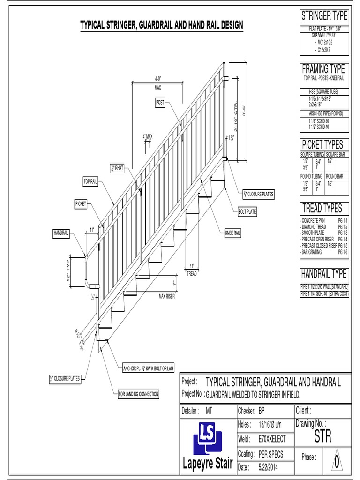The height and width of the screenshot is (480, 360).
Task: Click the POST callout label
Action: pyautogui.click(x=160, y=102)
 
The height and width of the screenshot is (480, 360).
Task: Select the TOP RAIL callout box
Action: pyautogui.click(x=90, y=182)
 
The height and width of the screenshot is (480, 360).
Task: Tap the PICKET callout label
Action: pyautogui.click(x=81, y=204)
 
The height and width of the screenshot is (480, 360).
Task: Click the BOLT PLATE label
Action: pyautogui.click(x=247, y=212)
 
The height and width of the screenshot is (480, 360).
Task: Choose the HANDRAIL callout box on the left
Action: pyautogui.click(x=61, y=232)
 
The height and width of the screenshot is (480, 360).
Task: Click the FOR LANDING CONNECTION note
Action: pyautogui.click(x=138, y=394)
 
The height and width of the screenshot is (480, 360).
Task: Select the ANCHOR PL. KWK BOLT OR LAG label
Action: pyautogui.click(x=148, y=368)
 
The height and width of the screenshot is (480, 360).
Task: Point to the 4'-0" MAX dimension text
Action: pyautogui.click(x=157, y=82)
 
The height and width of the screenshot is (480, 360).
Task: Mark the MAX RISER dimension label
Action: pyautogui.click(x=166, y=296)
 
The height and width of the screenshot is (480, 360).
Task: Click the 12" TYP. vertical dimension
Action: pyautogui.click(x=68, y=270)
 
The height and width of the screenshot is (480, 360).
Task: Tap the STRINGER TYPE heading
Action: pyautogui.click(x=324, y=16)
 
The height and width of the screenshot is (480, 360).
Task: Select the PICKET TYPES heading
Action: pyautogui.click(x=322, y=144)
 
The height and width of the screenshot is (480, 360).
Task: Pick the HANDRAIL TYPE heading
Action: pyautogui.click(x=324, y=274)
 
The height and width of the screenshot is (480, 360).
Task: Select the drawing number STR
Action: pyautogui.click(x=322, y=438)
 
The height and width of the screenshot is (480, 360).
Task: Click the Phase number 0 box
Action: pyautogui.click(x=336, y=462)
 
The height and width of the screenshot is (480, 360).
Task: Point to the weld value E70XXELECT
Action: pyautogui.click(x=272, y=439)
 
